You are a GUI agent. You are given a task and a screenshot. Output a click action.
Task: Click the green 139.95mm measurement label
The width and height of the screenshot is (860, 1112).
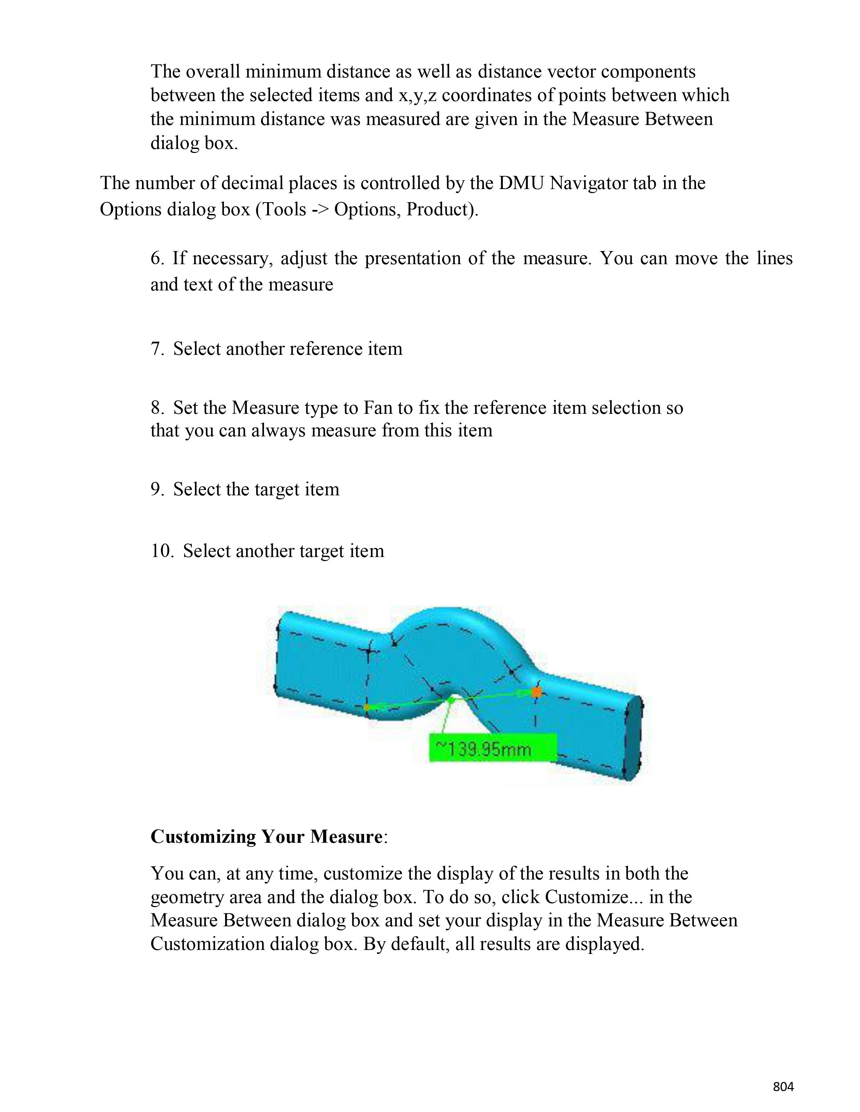click(492, 748)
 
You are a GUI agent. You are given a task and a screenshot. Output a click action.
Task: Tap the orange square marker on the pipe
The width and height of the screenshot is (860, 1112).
click(536, 692)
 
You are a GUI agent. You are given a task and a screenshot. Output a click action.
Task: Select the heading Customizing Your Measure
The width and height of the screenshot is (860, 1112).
click(266, 837)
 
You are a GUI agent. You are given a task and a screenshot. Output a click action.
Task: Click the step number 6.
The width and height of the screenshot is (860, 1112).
click(156, 259)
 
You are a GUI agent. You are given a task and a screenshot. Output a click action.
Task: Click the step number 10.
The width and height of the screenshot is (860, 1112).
click(162, 551)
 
